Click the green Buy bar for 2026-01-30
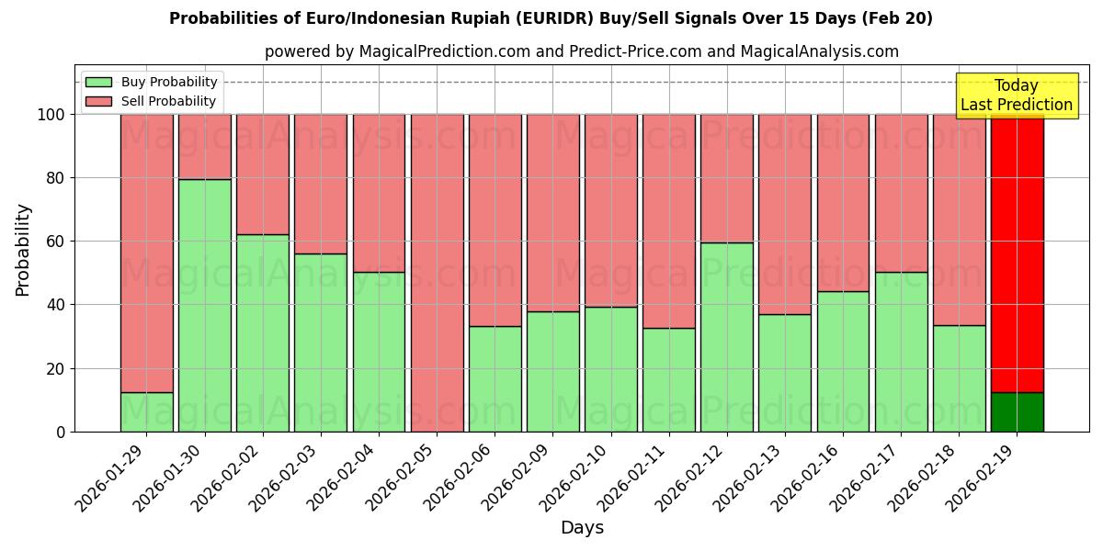pos(204,305)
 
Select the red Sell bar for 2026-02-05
pos(437,273)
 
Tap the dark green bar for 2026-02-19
pos(1017,412)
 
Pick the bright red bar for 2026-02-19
pos(1017,253)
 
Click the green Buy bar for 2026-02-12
pos(726,337)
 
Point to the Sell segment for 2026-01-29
pos(146,253)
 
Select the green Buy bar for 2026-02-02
pos(262,332)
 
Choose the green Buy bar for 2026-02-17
pos(901,352)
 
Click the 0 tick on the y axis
pos(61,432)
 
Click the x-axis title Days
pos(582,528)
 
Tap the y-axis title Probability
pos(23,250)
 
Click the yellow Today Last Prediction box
pos(1016,96)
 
